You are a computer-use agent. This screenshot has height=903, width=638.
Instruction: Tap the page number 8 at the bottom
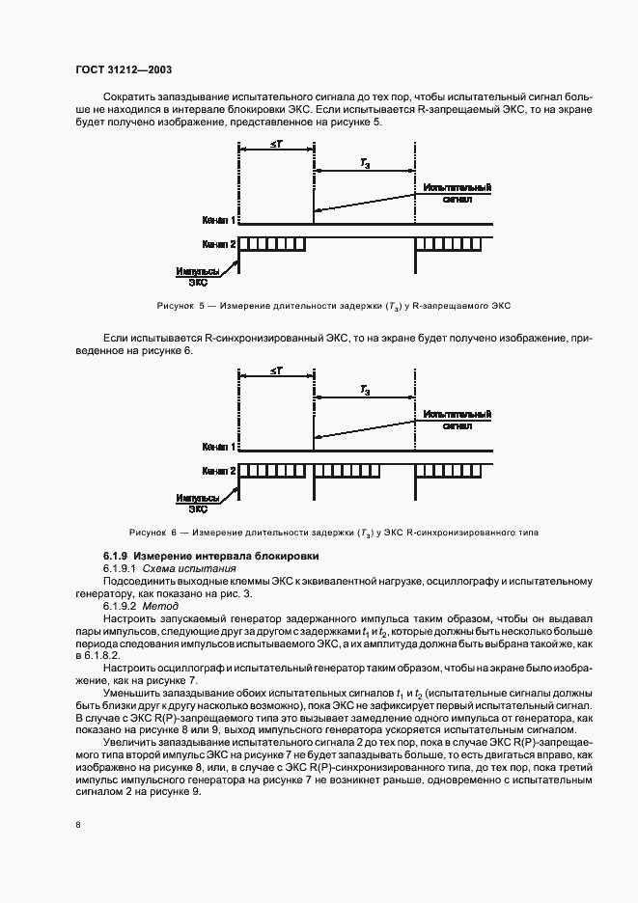[79, 825]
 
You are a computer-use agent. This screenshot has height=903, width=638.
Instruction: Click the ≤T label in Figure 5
[275, 145]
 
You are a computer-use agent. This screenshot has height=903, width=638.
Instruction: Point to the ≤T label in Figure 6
[275, 371]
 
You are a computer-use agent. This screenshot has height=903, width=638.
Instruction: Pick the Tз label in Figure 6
[365, 393]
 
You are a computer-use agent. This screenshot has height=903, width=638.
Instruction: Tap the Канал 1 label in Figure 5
[219, 220]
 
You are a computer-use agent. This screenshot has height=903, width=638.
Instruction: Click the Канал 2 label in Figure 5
[219, 243]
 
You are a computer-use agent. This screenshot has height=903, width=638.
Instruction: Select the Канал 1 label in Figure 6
[219, 447]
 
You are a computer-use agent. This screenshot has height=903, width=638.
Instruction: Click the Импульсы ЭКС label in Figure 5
[197, 278]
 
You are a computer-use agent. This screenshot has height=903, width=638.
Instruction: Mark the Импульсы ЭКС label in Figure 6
[197, 504]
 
